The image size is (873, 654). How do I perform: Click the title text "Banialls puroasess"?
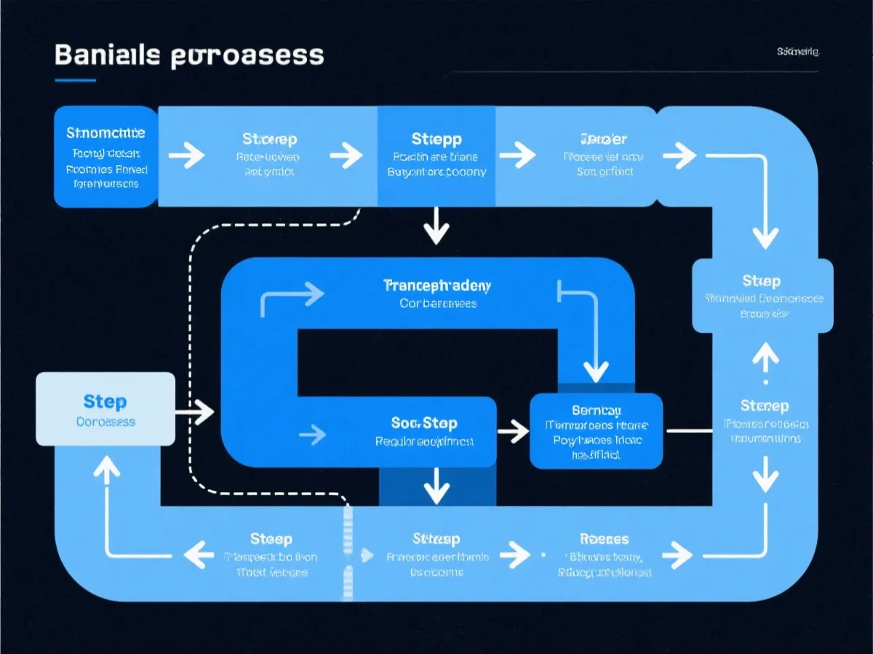[x=189, y=55]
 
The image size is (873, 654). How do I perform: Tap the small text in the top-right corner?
[x=797, y=52]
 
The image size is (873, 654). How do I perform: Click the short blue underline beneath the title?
[x=75, y=80]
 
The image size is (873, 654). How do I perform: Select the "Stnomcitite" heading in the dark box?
[x=105, y=133]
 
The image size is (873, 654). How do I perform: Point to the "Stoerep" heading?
[x=269, y=139]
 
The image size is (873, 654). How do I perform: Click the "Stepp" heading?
[x=436, y=139]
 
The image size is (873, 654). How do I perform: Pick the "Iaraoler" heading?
[x=604, y=139]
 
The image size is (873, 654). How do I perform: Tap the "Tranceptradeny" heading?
[x=436, y=286]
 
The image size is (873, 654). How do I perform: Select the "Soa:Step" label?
[x=424, y=422]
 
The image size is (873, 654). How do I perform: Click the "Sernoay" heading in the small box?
[x=596, y=410]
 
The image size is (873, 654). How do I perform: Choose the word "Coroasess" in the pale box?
[x=105, y=421]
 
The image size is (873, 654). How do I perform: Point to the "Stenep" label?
[x=764, y=405]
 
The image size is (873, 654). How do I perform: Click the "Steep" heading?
[x=271, y=538]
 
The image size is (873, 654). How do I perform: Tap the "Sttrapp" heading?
[x=436, y=538]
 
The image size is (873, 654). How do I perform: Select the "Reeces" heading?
[x=604, y=538]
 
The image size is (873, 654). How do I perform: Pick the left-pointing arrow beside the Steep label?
[x=199, y=556]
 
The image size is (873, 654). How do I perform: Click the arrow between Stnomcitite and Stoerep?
[x=186, y=155]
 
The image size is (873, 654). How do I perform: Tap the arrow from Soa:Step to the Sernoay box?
[x=513, y=431]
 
